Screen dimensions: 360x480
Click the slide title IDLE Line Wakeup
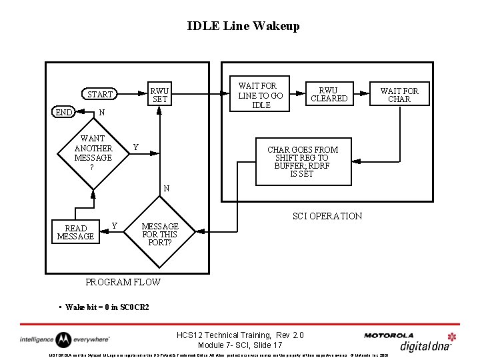pos(243,26)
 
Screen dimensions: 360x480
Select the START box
pos(100,94)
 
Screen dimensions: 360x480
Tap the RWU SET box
pos(159,95)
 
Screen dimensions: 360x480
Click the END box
pos(63,113)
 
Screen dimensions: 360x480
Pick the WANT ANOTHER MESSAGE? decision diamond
pos(93,153)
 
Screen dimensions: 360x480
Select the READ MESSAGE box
pos(75,232)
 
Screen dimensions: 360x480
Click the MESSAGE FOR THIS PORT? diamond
pos(159,234)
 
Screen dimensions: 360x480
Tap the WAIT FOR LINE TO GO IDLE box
pos(261,95)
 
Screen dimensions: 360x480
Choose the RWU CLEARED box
pos(329,94)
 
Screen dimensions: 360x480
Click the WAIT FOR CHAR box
pos(399,95)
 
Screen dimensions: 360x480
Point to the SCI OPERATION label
pos(327,215)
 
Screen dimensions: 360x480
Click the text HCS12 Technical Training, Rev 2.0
pos(240,334)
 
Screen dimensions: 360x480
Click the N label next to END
pos(101,113)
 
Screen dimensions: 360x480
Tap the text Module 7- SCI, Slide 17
pos(240,345)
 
